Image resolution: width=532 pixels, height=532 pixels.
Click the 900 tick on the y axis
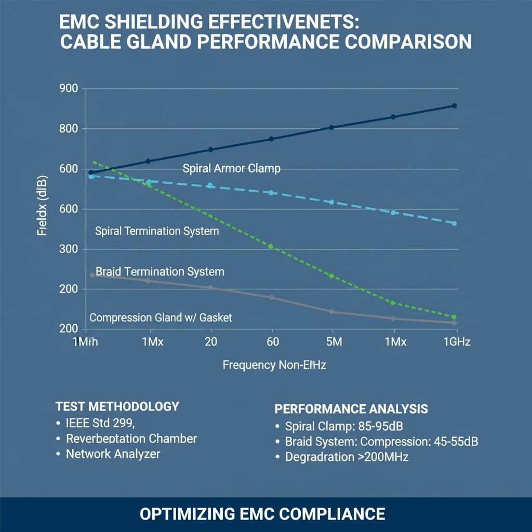pos(69,88)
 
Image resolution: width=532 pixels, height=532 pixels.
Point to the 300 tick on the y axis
pos(69,249)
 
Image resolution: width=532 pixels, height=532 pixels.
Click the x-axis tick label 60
pos(272,341)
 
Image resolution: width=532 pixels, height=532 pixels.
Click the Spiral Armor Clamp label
pos(232,168)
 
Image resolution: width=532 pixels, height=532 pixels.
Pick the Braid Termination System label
pos(160,272)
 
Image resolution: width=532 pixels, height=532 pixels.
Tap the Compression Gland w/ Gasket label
pos(161,317)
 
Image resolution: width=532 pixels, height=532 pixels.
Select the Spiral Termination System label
pos(157,231)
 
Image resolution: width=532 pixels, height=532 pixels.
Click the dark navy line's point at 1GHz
pos(454,105)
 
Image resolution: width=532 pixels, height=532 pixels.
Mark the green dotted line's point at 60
pos(271,246)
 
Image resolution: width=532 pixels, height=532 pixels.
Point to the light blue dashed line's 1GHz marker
pos(454,223)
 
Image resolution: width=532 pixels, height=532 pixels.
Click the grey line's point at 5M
pos(332,312)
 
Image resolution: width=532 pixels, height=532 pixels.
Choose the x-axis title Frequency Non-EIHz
pos(274,365)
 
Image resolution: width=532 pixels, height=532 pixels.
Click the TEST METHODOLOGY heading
pos(117,406)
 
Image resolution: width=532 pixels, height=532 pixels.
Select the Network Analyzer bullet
pos(113,454)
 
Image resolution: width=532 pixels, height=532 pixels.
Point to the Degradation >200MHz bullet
pos(345,458)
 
